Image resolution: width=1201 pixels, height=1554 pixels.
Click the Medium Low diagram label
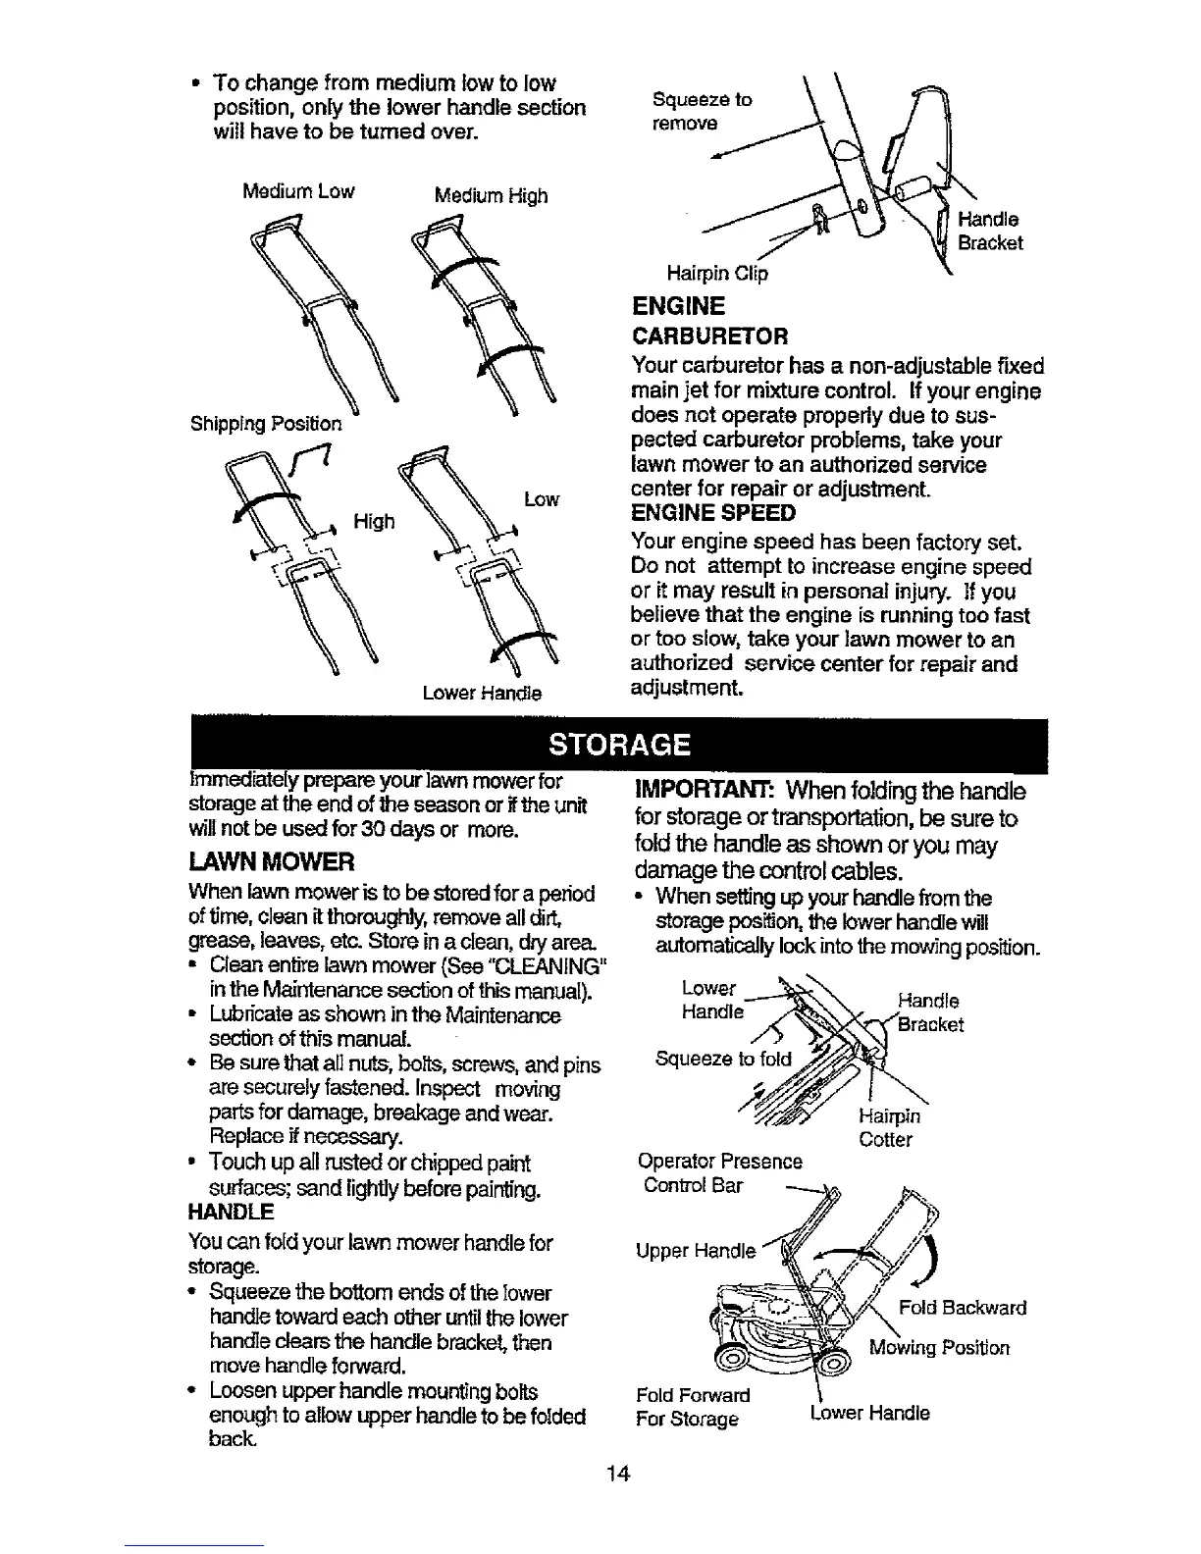[298, 190]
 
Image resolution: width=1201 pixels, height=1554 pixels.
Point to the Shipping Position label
[266, 424]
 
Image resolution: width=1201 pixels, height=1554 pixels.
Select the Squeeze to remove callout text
[702, 112]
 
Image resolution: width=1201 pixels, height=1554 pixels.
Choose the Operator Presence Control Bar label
[719, 1173]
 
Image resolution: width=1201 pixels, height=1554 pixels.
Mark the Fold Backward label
[963, 1308]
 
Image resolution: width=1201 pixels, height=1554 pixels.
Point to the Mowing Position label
[939, 1347]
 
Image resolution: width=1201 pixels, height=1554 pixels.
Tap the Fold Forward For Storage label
[693, 1407]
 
